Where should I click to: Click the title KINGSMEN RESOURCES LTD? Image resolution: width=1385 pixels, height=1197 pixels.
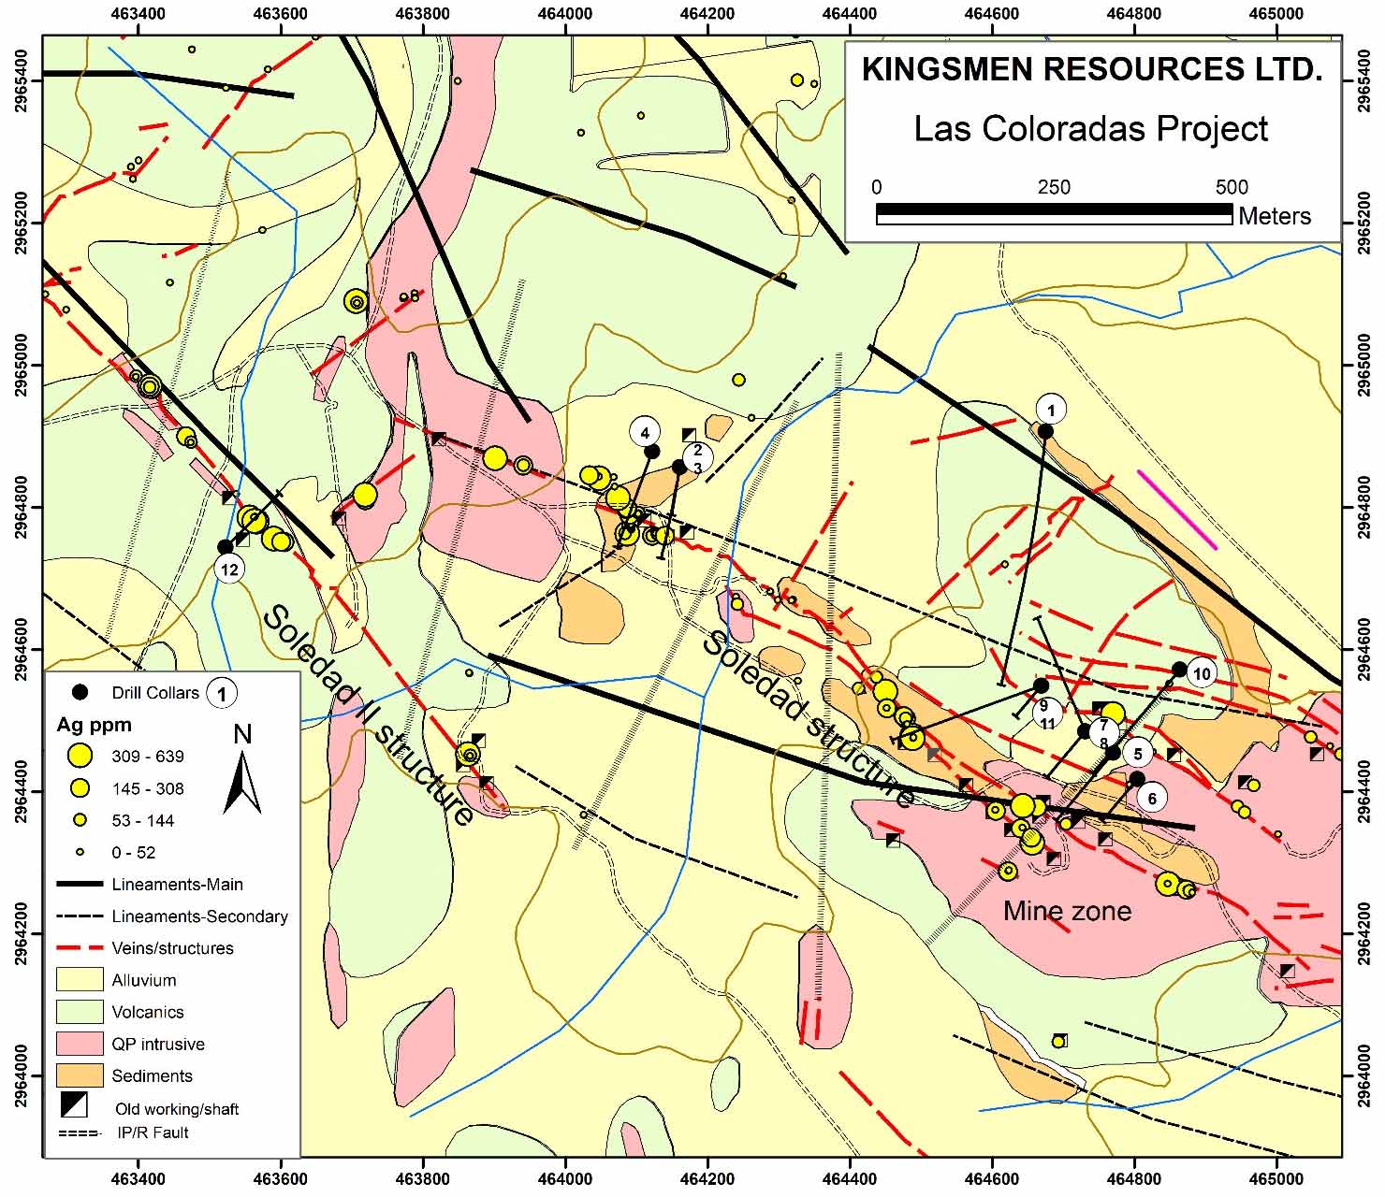click(x=1091, y=70)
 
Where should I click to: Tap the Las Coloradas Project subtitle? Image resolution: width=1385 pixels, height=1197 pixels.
click(x=1091, y=128)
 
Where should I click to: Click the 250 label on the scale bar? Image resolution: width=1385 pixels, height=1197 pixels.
click(x=1054, y=187)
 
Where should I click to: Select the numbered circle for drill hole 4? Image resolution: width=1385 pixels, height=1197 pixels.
click(x=644, y=432)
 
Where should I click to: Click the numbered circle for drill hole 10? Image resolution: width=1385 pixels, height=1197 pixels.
click(x=1202, y=673)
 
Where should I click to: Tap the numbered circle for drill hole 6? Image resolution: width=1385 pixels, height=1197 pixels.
click(x=1152, y=798)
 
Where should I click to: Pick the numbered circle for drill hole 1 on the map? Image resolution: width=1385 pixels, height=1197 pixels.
click(x=1051, y=410)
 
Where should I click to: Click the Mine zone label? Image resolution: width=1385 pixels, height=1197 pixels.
click(x=1067, y=911)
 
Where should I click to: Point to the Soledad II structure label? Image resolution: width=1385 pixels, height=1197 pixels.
click(x=368, y=715)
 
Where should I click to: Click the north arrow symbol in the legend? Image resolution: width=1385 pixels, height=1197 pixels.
click(x=241, y=772)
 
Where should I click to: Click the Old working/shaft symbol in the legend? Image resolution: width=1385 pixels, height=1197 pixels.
click(x=74, y=1104)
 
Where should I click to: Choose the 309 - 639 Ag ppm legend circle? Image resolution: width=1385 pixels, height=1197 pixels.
click(x=81, y=756)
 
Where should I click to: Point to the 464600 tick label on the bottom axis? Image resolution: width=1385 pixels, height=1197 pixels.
click(x=993, y=1181)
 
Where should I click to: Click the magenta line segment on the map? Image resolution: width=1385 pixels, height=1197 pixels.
click(x=1176, y=510)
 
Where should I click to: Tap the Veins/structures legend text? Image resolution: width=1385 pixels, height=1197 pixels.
click(x=172, y=948)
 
